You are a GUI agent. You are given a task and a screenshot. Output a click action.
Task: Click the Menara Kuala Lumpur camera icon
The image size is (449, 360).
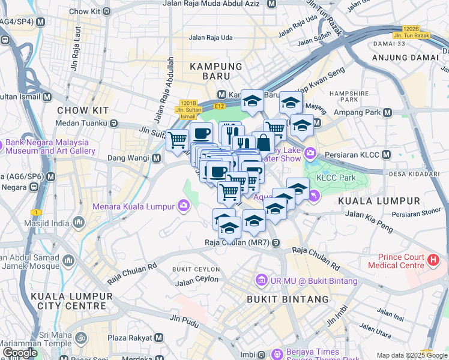(x=183, y=206)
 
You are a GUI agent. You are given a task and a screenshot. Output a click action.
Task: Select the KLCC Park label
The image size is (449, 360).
(x=336, y=178)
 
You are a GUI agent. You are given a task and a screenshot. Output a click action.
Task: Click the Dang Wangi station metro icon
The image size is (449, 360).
(x=156, y=158)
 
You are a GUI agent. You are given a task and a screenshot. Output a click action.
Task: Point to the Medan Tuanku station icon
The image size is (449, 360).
(x=113, y=123)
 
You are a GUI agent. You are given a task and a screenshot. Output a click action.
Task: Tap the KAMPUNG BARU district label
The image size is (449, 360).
(x=216, y=67)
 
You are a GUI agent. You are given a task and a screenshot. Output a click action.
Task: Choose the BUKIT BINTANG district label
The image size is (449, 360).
(x=288, y=299)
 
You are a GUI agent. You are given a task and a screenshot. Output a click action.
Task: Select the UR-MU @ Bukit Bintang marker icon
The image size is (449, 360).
(x=261, y=280)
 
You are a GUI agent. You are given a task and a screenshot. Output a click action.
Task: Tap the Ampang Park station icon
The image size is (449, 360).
(x=387, y=112)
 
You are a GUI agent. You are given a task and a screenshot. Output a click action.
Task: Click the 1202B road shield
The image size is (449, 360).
(x=411, y=28)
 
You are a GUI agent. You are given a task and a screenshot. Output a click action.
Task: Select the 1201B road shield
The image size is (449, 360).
(x=188, y=103)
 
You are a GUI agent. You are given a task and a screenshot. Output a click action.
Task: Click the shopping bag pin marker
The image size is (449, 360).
(x=263, y=143)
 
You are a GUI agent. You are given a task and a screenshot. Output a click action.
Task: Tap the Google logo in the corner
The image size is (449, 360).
(x=20, y=353)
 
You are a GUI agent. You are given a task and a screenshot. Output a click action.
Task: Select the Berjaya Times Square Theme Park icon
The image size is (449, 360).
(x=276, y=353)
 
